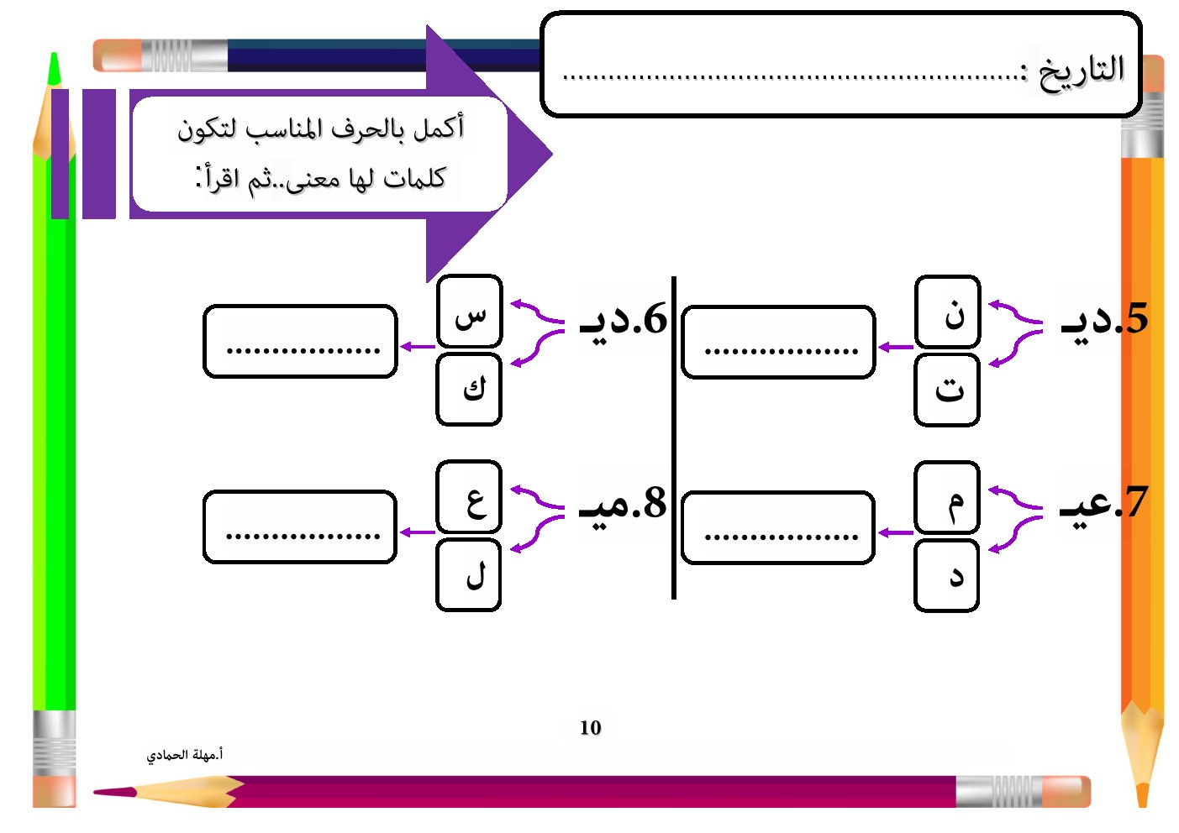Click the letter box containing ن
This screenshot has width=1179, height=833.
947,312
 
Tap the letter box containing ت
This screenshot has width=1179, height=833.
947,390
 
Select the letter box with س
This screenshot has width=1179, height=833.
469,312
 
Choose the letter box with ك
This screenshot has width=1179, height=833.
469,390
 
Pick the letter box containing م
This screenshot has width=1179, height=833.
947,497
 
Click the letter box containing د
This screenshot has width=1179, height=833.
947,575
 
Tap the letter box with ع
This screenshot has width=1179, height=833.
469,497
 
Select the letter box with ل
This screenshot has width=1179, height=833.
469,575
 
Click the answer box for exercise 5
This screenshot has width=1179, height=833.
778,342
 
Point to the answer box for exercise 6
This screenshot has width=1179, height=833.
300,342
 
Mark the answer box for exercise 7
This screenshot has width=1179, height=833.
778,527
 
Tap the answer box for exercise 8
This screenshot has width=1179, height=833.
300,527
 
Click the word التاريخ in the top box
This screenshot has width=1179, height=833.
1082,71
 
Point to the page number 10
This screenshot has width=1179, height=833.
590,728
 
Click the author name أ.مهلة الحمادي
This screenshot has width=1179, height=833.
185,755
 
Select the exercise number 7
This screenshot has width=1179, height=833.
1135,502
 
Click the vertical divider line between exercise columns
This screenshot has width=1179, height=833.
674,437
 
